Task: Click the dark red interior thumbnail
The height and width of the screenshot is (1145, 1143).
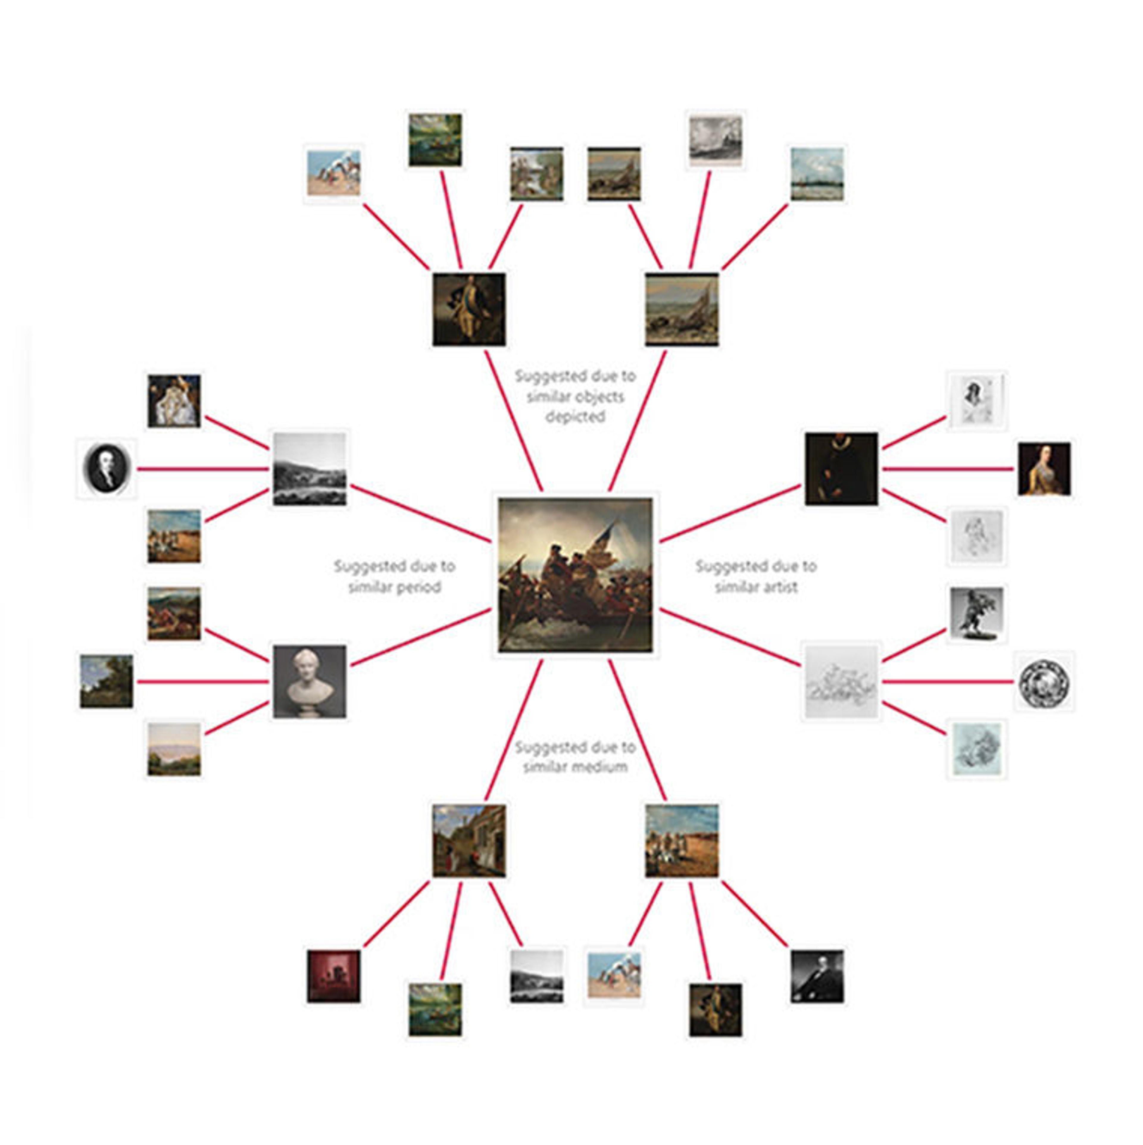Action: pos(334,976)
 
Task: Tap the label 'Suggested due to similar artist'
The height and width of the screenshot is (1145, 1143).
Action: pos(756,576)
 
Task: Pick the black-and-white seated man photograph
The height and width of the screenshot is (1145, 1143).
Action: pos(817,976)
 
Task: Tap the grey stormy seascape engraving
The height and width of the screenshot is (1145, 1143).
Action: pos(715,140)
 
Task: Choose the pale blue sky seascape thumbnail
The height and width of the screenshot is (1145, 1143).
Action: pos(817,174)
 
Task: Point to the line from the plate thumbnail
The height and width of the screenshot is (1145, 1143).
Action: pos(948,682)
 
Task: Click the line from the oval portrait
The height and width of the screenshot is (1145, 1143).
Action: pos(202,469)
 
